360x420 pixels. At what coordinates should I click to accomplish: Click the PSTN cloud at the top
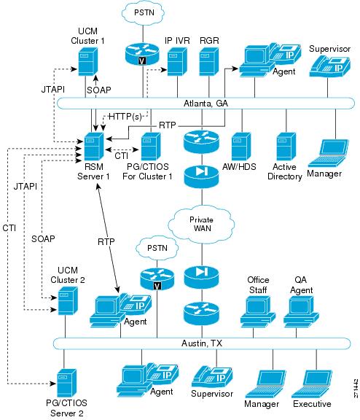(143, 13)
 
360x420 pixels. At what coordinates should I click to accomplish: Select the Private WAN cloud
(201, 225)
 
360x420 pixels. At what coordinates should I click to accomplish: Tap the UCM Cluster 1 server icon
(87, 61)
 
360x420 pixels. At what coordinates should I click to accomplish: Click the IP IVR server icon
(177, 61)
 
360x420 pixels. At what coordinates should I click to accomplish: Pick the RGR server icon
(209, 61)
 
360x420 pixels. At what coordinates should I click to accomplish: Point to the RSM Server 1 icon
(94, 147)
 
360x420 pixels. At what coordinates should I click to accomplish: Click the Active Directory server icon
(286, 147)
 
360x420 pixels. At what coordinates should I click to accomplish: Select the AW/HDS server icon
(241, 147)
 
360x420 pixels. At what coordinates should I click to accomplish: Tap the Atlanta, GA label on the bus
(206, 103)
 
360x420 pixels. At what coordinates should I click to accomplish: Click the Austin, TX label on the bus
(202, 343)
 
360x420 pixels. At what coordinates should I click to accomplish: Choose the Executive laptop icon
(312, 384)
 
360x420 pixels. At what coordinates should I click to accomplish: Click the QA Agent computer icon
(301, 311)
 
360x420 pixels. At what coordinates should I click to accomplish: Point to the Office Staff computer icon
(258, 311)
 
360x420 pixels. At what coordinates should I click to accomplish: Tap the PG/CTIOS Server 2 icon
(67, 383)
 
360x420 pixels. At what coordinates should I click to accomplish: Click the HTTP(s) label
(125, 117)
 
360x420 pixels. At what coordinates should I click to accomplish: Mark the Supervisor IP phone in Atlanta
(329, 66)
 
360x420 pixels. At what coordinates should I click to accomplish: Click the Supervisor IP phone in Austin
(212, 377)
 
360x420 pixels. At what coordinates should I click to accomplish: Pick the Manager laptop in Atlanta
(329, 153)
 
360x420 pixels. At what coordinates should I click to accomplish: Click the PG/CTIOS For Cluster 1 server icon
(151, 147)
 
